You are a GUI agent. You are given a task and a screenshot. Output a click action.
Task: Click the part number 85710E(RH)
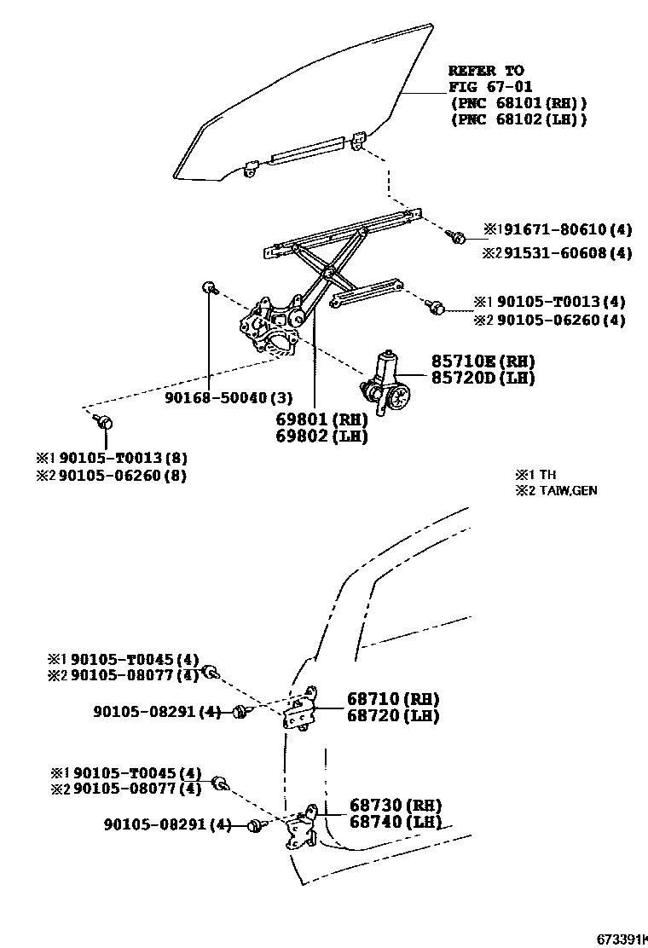pos(473,361)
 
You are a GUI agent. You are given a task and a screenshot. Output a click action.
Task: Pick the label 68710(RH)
pos(393,699)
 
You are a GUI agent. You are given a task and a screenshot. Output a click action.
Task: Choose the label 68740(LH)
pos(396,822)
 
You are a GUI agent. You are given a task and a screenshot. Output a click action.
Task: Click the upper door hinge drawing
pos(301,708)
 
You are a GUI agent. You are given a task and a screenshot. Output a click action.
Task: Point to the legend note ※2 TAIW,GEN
pos(555,491)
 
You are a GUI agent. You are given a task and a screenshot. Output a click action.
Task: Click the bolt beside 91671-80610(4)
pos(459,238)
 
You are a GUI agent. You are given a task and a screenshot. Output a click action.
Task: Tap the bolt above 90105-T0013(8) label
pos(105,421)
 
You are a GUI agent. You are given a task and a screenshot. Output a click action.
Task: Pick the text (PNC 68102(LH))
pos(518,119)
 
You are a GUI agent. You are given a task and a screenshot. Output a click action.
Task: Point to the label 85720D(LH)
pos(473,378)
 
